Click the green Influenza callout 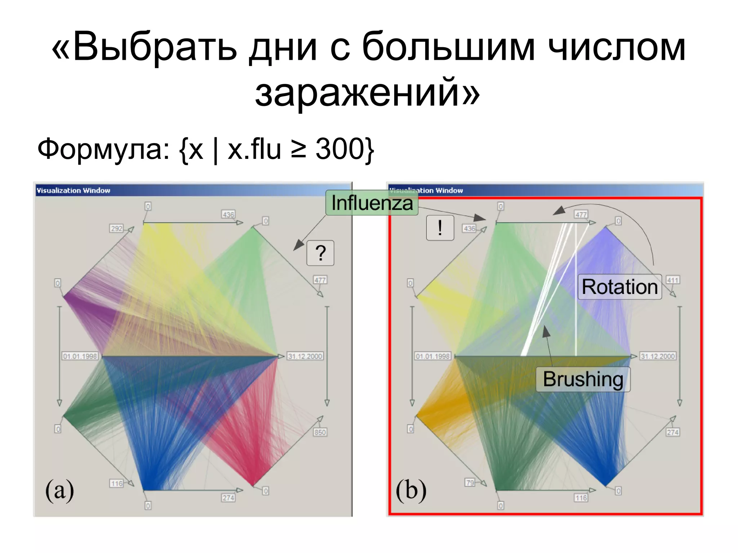pyautogui.click(x=372, y=203)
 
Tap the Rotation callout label pyautogui.click(x=619, y=287)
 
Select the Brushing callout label pyautogui.click(x=583, y=379)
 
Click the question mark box pyautogui.click(x=320, y=253)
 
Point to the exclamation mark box pyautogui.click(x=440, y=228)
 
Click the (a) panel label pyautogui.click(x=59, y=490)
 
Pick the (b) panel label pyautogui.click(x=411, y=490)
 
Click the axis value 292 pyautogui.click(x=116, y=228)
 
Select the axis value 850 pyautogui.click(x=320, y=432)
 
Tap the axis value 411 pyautogui.click(x=672, y=280)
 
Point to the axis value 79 pyautogui.click(x=470, y=482)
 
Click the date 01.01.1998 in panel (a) pyautogui.click(x=80, y=356)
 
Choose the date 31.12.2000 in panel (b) pyautogui.click(x=658, y=356)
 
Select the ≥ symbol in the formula pyautogui.click(x=298, y=150)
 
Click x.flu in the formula pyautogui.click(x=254, y=149)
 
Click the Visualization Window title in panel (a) pyautogui.click(x=74, y=191)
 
